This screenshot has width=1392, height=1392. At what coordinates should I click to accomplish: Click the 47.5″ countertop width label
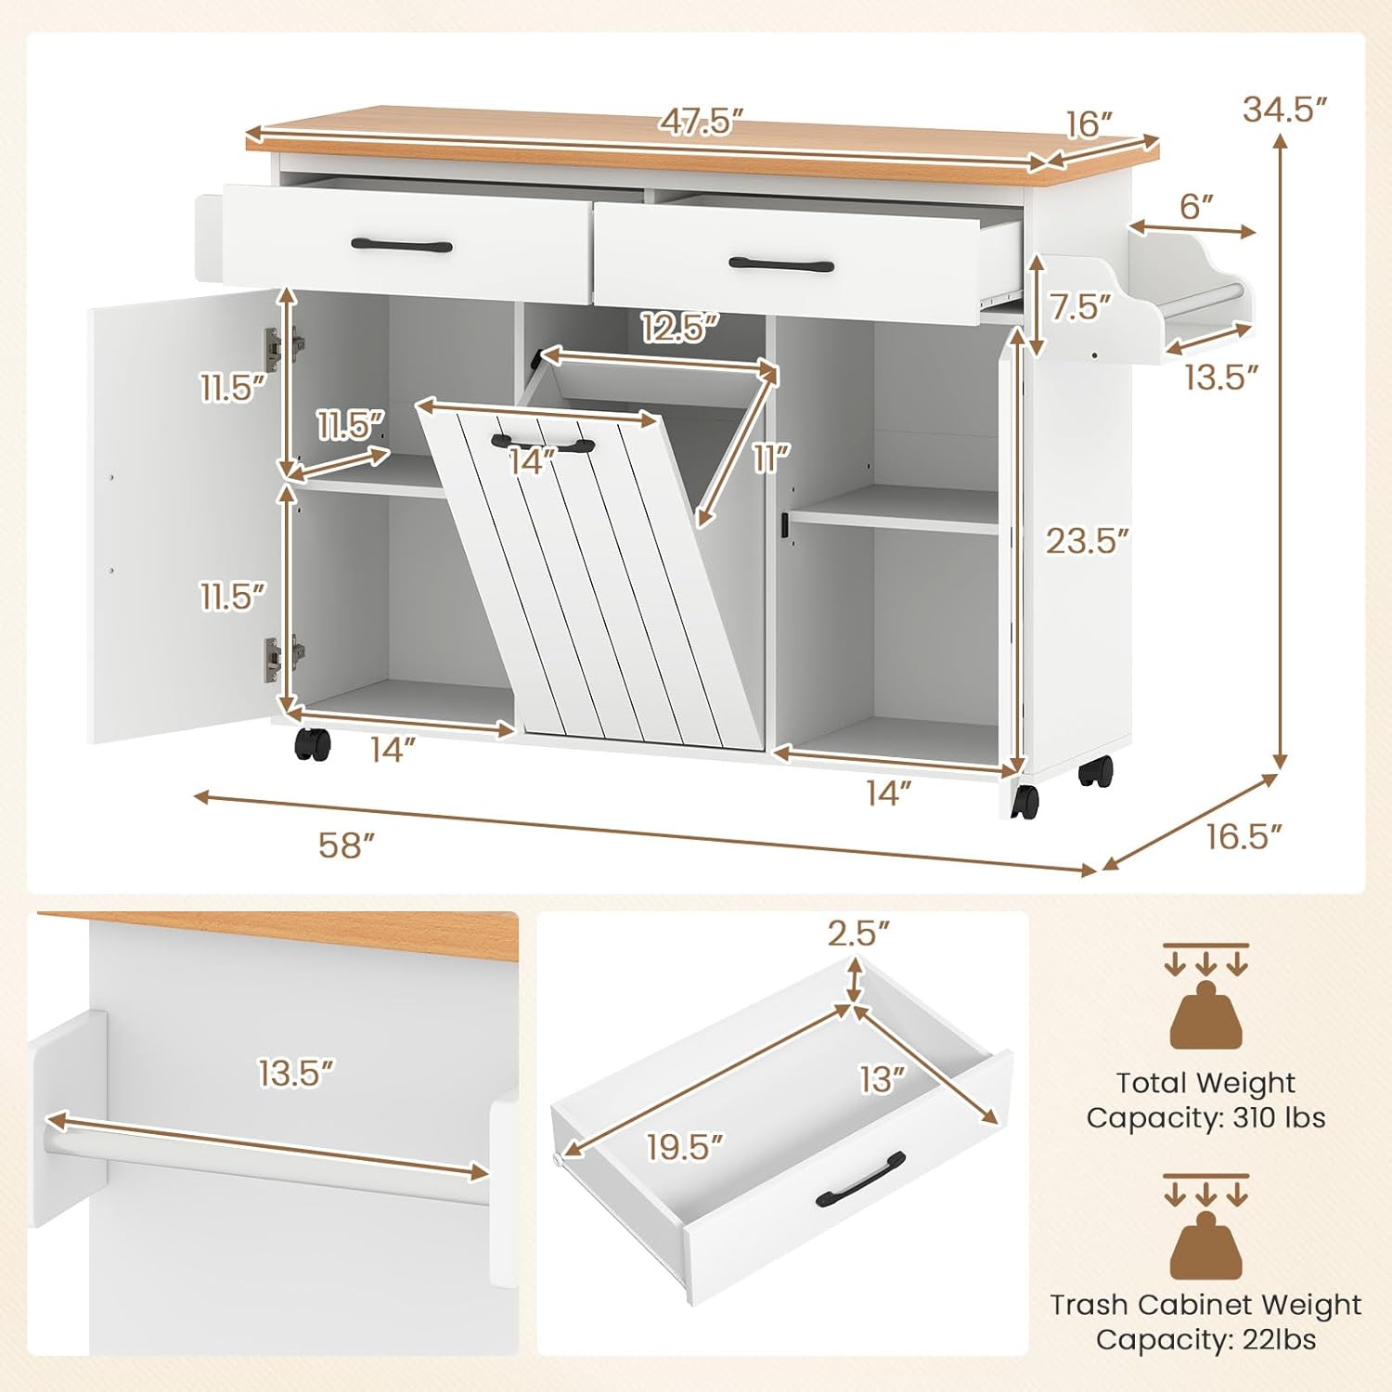[x=702, y=122]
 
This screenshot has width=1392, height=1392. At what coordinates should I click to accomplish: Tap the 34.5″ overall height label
[x=1286, y=110]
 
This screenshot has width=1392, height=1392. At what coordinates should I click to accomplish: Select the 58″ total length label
[x=346, y=844]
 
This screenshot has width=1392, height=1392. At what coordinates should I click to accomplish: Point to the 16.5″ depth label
[x=1244, y=837]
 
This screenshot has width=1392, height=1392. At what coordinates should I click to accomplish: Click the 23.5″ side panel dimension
[x=1088, y=540]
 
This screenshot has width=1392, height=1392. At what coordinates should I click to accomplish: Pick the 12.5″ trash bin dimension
[x=680, y=327]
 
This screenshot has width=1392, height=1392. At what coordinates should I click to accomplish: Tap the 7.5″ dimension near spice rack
[x=1081, y=307]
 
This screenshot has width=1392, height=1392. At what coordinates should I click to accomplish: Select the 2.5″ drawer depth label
[x=858, y=934]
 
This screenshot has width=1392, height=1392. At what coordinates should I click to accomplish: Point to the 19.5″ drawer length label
[x=685, y=1147]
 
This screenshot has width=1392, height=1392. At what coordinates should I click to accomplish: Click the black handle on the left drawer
[x=402, y=246]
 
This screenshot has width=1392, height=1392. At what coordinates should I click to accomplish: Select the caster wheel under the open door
[x=312, y=743]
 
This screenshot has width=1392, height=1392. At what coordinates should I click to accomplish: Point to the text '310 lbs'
[x=1279, y=1117]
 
